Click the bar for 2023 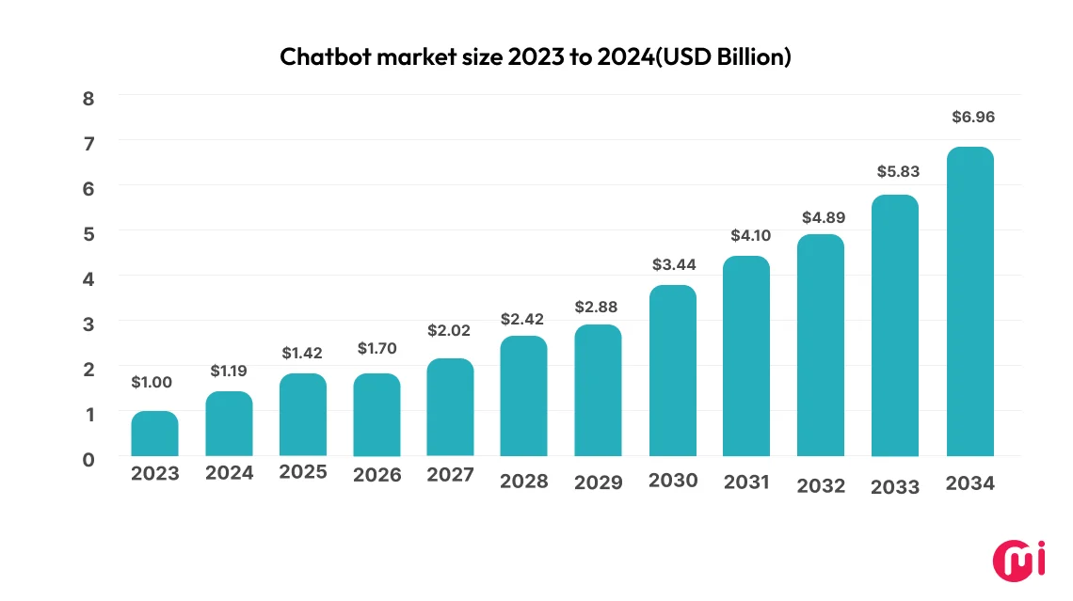154,434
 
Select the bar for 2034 970,302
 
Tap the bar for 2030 673,371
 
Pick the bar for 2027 450,407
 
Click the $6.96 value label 971,118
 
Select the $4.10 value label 748,235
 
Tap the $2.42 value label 524,319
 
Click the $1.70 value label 376,348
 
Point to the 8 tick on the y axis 88,98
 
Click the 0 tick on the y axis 88,459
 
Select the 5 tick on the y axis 88,233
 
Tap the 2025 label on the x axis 303,471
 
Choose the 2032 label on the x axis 822,485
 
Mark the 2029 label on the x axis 599,482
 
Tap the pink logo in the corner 1016,561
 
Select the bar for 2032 821,345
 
